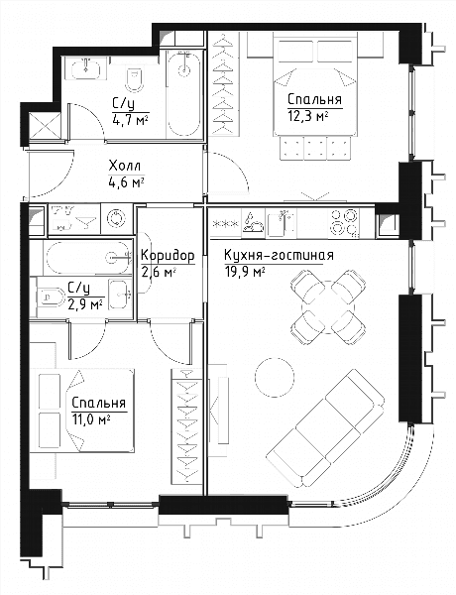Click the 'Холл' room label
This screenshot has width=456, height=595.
(x=125, y=167)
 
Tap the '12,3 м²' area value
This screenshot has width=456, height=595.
(x=307, y=116)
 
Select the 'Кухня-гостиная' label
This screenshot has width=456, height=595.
(x=279, y=256)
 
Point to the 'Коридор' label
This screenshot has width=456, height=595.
(x=168, y=257)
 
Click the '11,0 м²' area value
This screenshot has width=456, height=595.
(x=91, y=420)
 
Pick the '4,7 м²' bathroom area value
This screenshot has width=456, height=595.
(x=130, y=121)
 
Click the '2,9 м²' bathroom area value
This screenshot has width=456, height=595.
(x=85, y=304)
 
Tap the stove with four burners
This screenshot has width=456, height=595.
(x=344, y=223)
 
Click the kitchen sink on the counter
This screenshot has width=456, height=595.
(x=282, y=223)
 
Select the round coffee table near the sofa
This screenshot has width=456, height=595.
(x=275, y=377)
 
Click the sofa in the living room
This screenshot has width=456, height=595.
(x=325, y=428)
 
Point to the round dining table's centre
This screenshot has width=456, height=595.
(x=328, y=307)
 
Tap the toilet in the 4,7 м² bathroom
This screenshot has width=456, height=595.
(x=134, y=79)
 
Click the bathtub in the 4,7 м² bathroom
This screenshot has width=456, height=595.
(x=184, y=93)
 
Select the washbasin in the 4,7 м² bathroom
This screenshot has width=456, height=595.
(x=85, y=67)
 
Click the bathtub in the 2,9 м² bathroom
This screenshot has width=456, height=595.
(x=88, y=258)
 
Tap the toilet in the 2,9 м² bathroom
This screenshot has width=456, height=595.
(x=51, y=297)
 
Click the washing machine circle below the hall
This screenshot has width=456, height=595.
(x=116, y=219)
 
